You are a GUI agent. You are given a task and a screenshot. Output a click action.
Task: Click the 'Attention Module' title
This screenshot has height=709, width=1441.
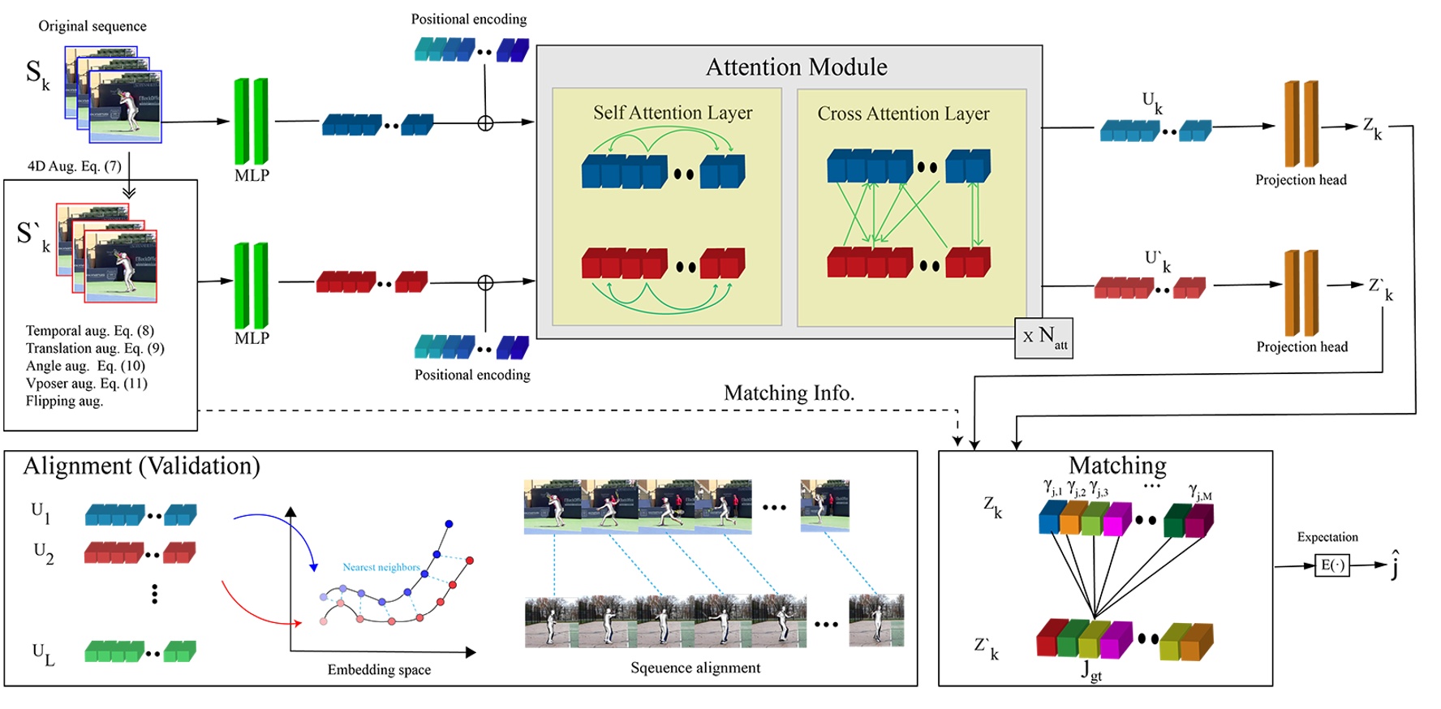pyautogui.click(x=796, y=67)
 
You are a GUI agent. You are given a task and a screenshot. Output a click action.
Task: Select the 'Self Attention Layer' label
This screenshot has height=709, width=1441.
pyautogui.click(x=672, y=113)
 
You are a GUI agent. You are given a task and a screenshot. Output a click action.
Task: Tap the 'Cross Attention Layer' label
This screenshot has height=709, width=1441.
pyautogui.click(x=903, y=114)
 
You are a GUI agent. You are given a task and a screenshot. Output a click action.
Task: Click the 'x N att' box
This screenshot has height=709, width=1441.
pyautogui.click(x=1043, y=337)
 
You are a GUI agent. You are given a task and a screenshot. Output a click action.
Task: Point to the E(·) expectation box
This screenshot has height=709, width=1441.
pyautogui.click(x=1331, y=565)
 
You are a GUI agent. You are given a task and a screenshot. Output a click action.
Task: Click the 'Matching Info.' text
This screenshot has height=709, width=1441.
pyautogui.click(x=789, y=393)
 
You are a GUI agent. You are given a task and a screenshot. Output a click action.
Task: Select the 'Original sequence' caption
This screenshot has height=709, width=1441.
pyautogui.click(x=92, y=26)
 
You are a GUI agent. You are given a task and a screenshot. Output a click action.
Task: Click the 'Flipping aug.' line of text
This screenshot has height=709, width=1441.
pyautogui.click(x=64, y=401)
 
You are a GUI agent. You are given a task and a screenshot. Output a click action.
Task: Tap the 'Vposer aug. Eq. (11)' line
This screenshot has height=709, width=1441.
pyautogui.click(x=86, y=383)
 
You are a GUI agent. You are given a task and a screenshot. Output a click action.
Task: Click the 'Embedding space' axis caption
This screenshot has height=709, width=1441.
pyautogui.click(x=379, y=669)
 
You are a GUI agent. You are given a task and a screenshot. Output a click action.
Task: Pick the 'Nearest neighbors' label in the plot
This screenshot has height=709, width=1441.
pyautogui.click(x=381, y=567)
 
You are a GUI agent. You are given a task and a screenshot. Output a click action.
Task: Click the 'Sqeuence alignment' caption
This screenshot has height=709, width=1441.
pyautogui.click(x=695, y=668)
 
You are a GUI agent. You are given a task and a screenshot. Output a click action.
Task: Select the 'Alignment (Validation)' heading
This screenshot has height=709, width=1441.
pyautogui.click(x=141, y=466)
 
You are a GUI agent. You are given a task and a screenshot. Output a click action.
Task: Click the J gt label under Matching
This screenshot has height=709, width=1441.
pyautogui.click(x=1091, y=670)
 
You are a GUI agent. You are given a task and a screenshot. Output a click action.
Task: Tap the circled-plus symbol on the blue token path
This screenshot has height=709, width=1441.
pyautogui.click(x=485, y=123)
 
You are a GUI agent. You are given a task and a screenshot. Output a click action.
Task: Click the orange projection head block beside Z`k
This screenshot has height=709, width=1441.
pyautogui.click(x=1301, y=293)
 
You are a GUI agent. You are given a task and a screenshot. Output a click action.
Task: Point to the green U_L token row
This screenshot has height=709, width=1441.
pyautogui.click(x=140, y=651)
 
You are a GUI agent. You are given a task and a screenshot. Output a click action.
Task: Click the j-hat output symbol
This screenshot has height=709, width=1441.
pyautogui.click(x=1395, y=565)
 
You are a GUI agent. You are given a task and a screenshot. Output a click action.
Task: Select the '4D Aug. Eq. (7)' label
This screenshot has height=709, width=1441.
pyautogui.click(x=74, y=166)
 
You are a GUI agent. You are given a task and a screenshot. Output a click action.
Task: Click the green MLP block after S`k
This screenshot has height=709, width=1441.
pyautogui.click(x=252, y=286)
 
